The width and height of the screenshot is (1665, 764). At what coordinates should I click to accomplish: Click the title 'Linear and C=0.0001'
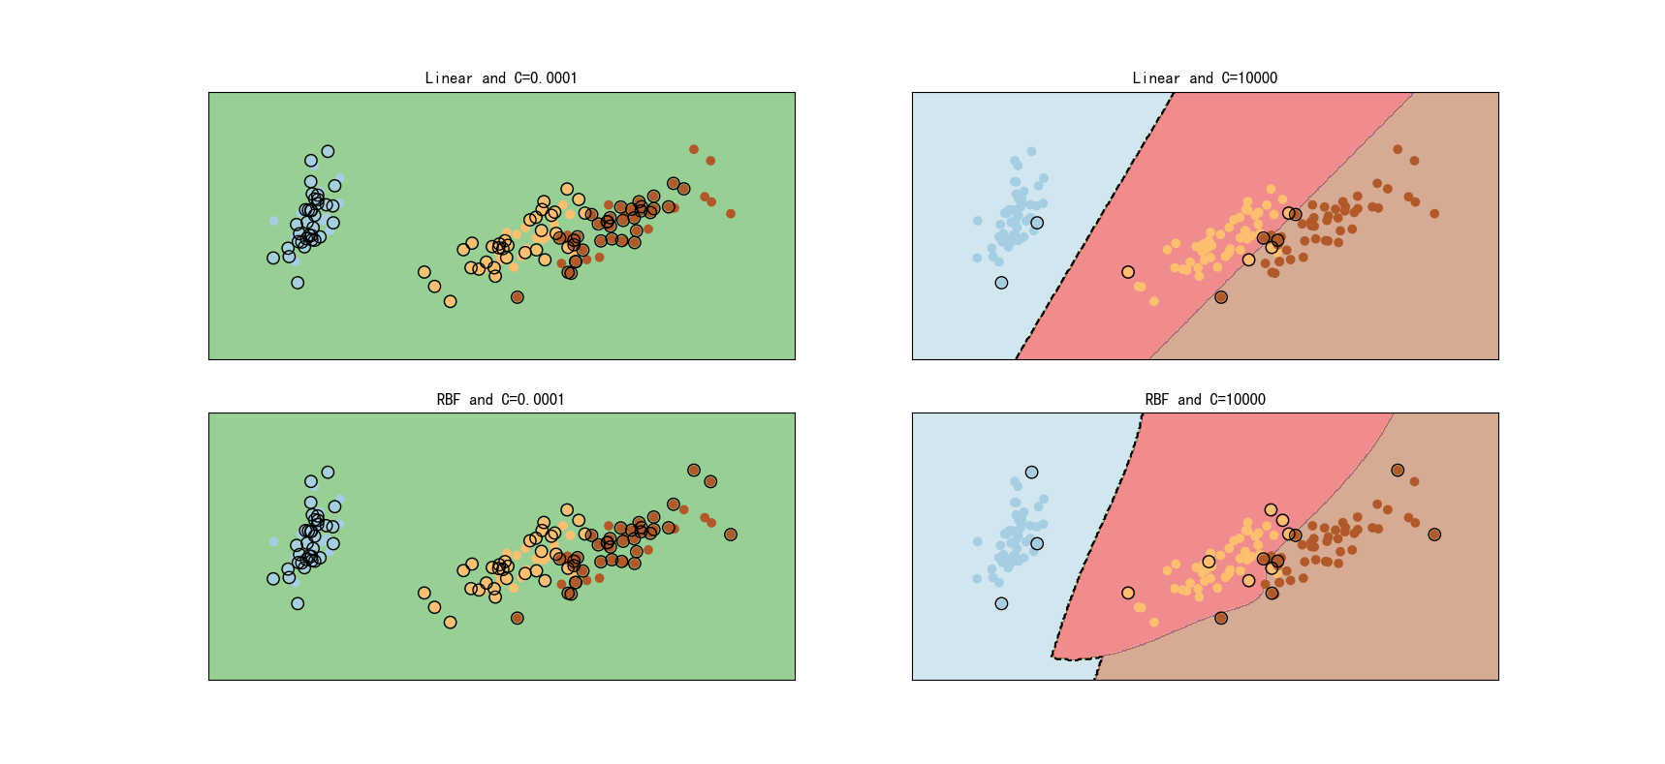(501, 78)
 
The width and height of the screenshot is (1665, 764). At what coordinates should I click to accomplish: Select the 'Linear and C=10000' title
(1205, 78)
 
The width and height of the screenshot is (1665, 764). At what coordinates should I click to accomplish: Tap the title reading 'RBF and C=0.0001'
(501, 400)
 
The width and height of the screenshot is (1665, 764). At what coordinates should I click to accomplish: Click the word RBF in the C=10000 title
(1156, 400)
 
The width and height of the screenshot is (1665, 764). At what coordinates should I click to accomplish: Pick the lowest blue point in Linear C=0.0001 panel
(298, 283)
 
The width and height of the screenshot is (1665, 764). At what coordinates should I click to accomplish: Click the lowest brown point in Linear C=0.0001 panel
(518, 297)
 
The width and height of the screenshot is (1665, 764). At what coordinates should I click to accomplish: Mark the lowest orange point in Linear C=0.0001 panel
(450, 301)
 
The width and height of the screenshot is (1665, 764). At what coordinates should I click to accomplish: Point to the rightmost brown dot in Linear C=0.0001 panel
(731, 214)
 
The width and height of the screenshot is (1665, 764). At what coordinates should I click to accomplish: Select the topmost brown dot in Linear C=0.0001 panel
(694, 149)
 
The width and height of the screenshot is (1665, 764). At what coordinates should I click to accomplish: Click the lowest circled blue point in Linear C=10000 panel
(1001, 283)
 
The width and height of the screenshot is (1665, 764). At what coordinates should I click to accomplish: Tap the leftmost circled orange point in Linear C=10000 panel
(1128, 272)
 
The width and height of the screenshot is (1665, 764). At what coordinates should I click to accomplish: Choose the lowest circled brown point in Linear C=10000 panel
(1221, 297)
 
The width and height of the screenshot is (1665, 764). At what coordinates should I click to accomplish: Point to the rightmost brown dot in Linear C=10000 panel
(1434, 214)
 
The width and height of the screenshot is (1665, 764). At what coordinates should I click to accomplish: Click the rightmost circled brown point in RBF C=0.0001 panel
(731, 535)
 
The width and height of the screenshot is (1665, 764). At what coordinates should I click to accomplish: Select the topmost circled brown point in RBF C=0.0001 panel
(694, 471)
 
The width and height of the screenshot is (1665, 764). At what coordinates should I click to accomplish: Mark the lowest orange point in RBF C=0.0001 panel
(450, 622)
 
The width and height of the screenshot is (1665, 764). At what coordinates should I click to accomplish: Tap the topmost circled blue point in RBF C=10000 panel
(1031, 473)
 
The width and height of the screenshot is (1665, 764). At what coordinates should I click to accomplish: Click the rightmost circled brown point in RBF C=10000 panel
(1434, 535)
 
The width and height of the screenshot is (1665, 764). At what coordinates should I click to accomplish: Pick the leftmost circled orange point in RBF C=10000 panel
(1128, 593)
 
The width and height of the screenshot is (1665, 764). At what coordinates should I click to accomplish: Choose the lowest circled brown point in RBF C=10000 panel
(1221, 618)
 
